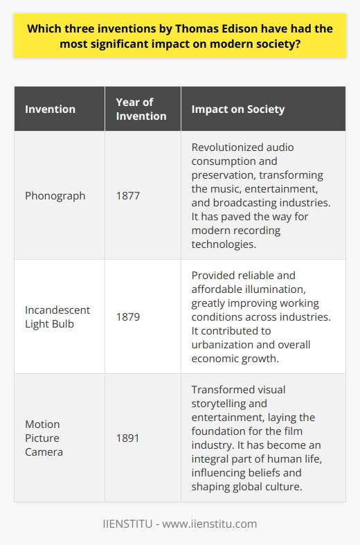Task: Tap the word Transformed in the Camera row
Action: click(x=216, y=390)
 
